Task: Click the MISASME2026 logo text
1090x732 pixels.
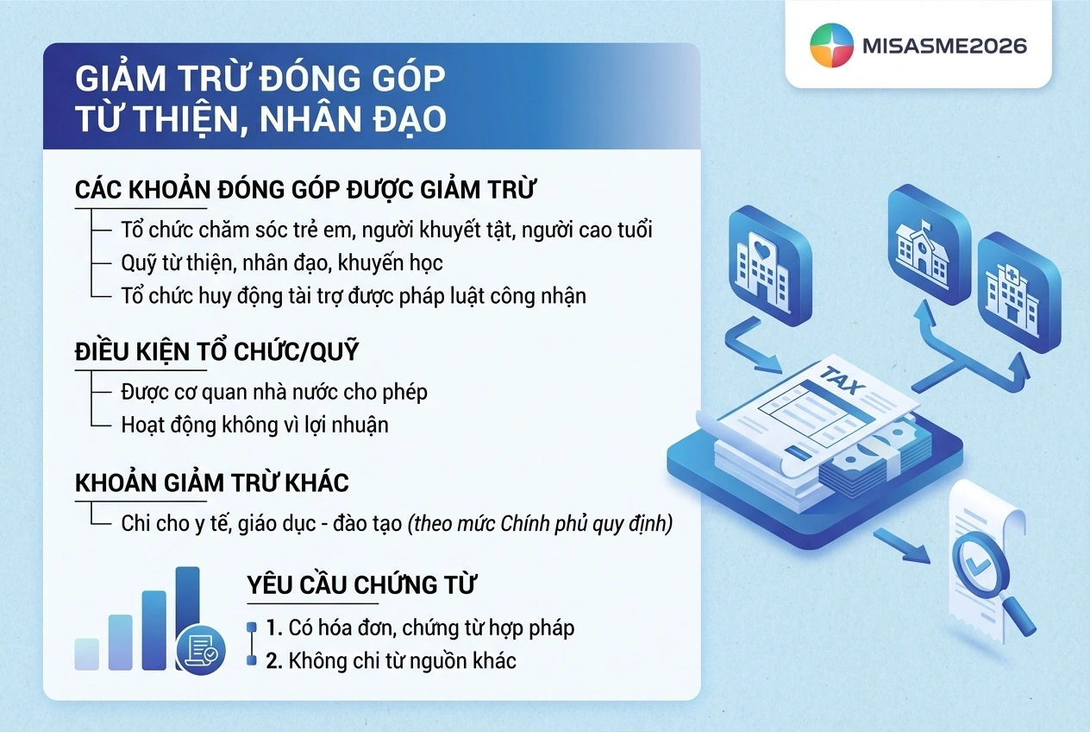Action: coord(944,47)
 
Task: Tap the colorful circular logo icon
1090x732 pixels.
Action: coord(831,45)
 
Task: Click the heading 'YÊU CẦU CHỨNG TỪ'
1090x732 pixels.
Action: coord(361,584)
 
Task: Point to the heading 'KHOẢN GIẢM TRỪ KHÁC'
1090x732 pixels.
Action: coord(211,483)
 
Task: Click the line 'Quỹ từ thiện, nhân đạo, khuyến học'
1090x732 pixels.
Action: coord(282,263)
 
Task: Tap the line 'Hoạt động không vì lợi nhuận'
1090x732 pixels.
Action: coord(254,425)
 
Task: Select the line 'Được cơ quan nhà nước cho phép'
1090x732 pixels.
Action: coord(274,392)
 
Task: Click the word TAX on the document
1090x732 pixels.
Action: coord(842,381)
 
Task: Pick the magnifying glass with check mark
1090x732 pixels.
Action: coord(990,579)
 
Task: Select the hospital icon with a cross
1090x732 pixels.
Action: coord(1019,293)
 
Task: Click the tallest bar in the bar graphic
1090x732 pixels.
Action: coord(187,616)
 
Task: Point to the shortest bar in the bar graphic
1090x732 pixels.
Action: coord(86,654)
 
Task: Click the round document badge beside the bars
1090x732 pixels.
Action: coord(201,650)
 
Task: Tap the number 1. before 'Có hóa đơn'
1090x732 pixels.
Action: coord(274,628)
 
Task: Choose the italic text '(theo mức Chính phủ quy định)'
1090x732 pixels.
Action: coord(540,524)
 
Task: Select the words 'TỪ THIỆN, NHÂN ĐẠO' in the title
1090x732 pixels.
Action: coord(260,118)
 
